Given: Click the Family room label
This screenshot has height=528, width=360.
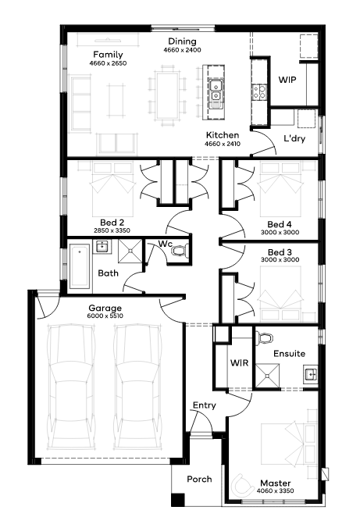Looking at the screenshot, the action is [x=108, y=55].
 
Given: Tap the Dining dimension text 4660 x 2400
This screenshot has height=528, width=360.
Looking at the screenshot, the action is [x=182, y=50].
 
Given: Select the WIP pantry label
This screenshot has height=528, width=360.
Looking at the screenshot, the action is [x=287, y=80].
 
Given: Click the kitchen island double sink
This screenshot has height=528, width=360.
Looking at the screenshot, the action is [x=215, y=91].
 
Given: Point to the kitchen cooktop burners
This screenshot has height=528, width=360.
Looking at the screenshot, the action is [x=259, y=91].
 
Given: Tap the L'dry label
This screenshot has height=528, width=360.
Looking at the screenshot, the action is [x=294, y=138].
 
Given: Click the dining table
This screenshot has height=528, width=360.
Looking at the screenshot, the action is [x=166, y=95].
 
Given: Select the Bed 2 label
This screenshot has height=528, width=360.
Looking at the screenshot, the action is [x=112, y=223].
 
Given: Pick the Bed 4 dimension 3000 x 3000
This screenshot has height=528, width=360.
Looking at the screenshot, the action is [x=280, y=232].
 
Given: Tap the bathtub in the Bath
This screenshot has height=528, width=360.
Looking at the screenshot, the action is [x=80, y=267].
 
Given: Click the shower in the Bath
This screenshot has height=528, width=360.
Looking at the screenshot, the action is [x=130, y=251].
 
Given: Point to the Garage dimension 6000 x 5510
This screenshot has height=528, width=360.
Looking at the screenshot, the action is [x=105, y=316].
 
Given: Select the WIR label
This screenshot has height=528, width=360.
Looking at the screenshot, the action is [x=240, y=362].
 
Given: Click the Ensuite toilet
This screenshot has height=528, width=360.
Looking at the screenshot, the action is [x=265, y=337].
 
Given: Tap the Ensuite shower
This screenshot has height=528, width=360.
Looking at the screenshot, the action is [x=267, y=376].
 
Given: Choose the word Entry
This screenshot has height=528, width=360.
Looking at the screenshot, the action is [x=205, y=405].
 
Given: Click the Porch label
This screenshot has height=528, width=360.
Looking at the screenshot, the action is [x=199, y=479].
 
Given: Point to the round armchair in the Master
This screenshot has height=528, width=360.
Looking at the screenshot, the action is [x=242, y=486].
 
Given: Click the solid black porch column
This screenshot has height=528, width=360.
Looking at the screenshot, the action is [x=178, y=500].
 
